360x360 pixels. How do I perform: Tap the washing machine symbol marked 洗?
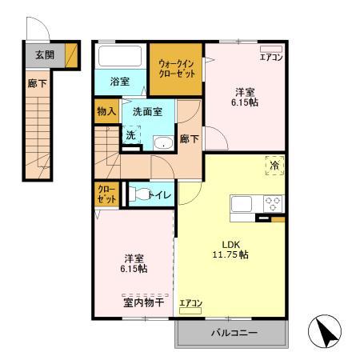pyautogui.click(x=130, y=137)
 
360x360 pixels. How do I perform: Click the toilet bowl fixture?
pyautogui.click(x=139, y=194)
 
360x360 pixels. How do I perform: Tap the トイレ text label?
pyautogui.click(x=160, y=194)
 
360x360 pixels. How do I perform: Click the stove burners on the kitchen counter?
pyautogui.click(x=272, y=202)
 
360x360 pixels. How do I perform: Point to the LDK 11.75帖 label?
pyautogui.click(x=230, y=249)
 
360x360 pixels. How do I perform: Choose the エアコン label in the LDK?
pyautogui.click(x=190, y=303)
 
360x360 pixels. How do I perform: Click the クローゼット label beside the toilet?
pyautogui.click(x=105, y=195)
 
